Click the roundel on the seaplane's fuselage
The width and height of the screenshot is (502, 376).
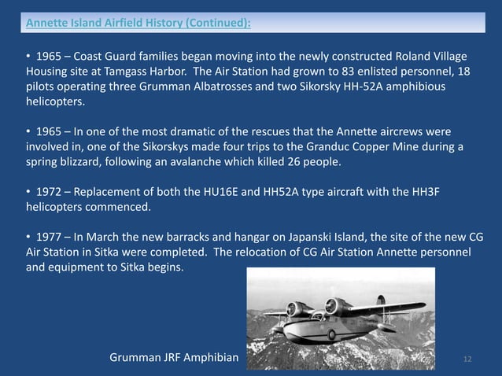click(x=331, y=334)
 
